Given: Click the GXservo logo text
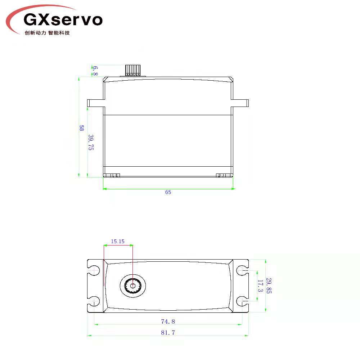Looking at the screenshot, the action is coord(63,19).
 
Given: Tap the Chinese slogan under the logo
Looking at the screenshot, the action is coord(47,33).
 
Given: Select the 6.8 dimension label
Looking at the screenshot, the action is coord(95,71).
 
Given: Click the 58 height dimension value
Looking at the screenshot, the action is coord(81,128).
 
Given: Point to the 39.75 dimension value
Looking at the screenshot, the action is coord(91,142).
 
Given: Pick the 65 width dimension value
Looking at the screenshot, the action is coord(168,192).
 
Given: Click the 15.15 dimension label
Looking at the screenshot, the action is coord(118,241).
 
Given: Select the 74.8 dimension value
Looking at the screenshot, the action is coord(168,321).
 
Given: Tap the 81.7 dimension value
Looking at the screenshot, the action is coord(168,332).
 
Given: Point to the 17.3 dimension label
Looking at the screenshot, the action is coord(260,286).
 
